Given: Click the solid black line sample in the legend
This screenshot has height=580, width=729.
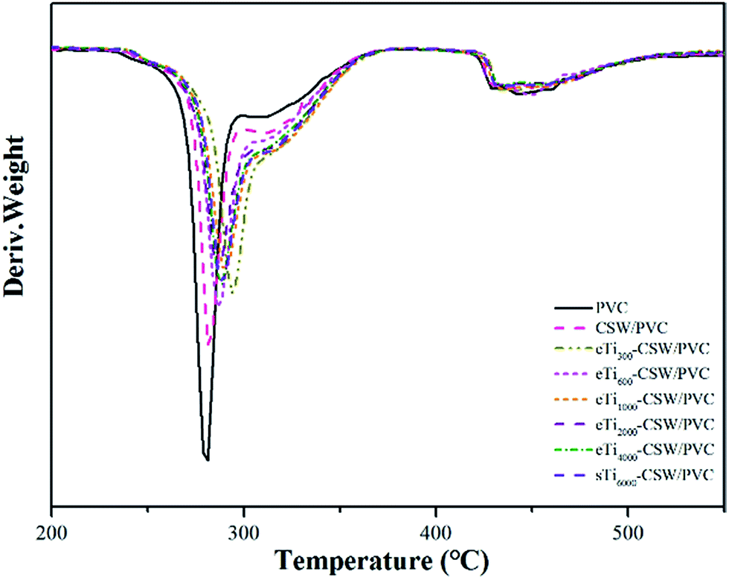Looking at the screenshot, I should (572, 307).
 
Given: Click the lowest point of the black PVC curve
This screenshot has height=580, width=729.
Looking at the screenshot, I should (207, 459).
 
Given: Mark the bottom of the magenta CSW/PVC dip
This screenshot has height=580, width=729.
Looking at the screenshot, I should (210, 344).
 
